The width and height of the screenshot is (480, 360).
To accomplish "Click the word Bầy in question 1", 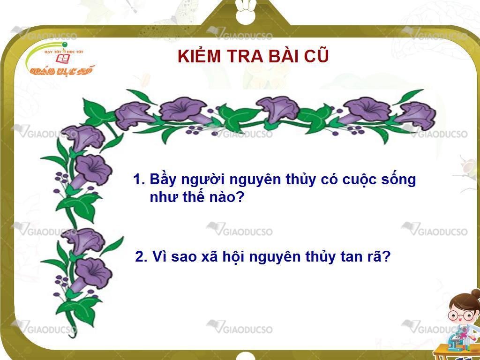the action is coord(163,179).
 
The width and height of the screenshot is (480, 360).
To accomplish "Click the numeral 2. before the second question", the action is coord(141,256).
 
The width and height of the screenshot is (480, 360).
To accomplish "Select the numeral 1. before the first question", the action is coord(139,179).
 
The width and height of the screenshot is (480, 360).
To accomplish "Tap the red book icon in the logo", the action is coord(63,59).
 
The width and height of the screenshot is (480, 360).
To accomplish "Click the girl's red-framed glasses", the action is coord(461,315).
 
